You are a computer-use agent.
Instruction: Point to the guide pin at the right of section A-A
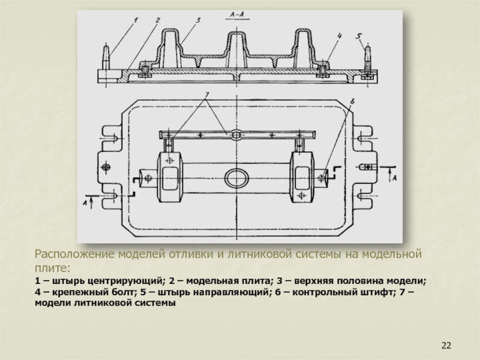coord(369,59)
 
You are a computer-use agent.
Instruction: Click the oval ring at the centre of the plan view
coord(236,178)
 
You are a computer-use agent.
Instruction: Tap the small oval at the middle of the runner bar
coord(237,134)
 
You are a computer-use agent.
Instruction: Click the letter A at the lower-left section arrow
coord(85,205)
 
